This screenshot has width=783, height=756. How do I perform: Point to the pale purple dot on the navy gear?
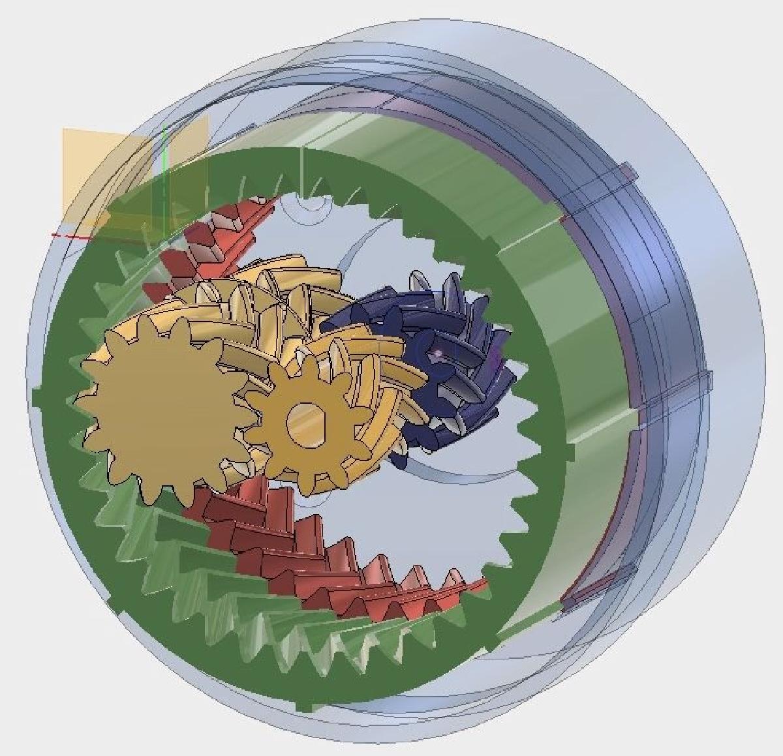(x=438, y=354)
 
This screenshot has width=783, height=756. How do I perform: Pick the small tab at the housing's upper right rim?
(x=626, y=173)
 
